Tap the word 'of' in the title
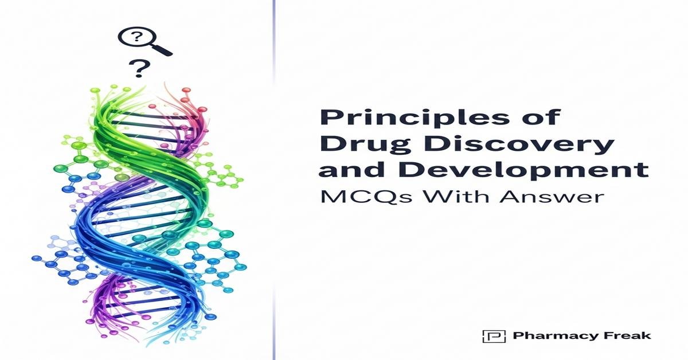542,117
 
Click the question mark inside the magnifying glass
136,38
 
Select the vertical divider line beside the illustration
273,180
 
